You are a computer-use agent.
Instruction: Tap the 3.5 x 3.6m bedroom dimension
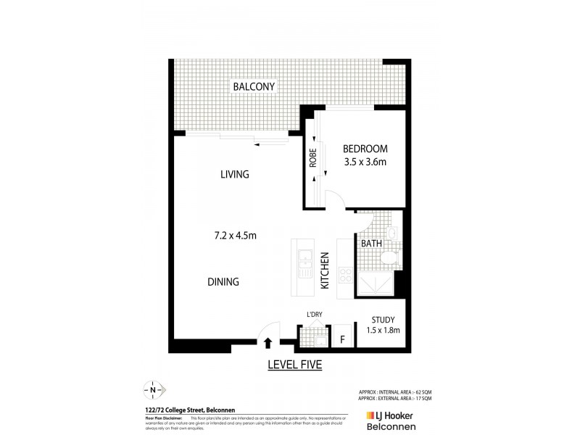coord(365,162)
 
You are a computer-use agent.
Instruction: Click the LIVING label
coord(235,175)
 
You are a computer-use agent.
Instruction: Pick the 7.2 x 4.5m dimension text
coord(236,235)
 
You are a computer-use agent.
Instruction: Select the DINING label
coord(222,282)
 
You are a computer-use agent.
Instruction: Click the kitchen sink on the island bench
coord(306,260)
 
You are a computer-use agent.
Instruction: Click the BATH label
coord(371,244)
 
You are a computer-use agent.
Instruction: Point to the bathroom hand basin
coord(390,233)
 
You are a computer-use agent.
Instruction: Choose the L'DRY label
coord(314,314)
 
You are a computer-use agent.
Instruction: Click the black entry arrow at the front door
coord(268,344)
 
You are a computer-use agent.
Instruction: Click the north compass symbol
coord(154,390)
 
